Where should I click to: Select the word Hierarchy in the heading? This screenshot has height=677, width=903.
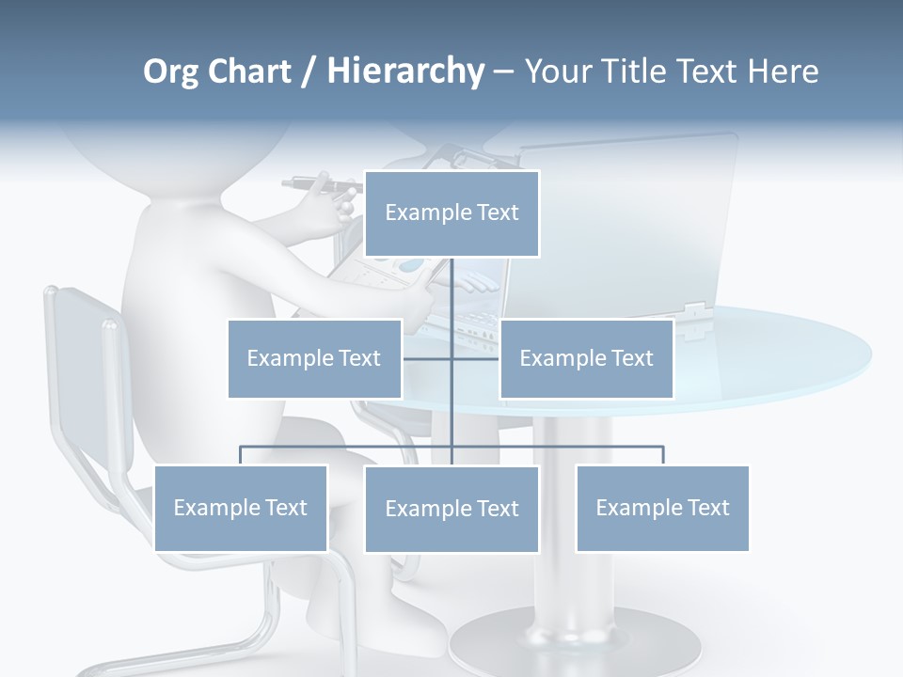(x=405, y=71)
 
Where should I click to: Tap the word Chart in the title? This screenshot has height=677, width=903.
(x=246, y=71)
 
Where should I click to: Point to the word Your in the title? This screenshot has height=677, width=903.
(x=556, y=71)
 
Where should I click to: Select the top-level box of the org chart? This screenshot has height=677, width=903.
(x=451, y=213)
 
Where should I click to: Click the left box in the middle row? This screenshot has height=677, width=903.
(x=314, y=358)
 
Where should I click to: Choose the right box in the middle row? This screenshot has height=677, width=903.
(x=586, y=358)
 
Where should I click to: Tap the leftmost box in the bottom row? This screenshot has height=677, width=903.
(x=240, y=508)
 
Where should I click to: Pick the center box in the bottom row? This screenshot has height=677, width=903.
(x=451, y=509)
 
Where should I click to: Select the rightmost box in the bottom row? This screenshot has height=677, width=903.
(x=662, y=508)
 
